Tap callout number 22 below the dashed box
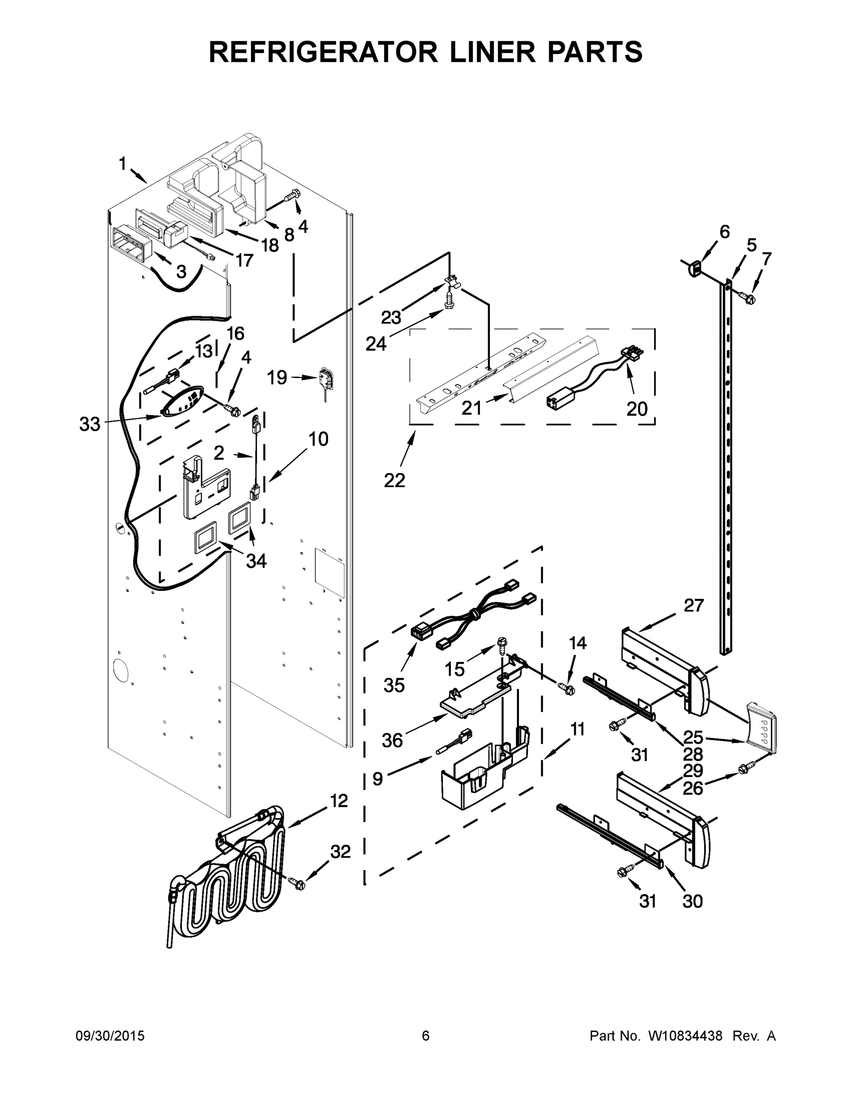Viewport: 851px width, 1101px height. (x=394, y=480)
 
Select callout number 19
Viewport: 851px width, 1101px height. (x=277, y=377)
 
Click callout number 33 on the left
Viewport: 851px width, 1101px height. (x=90, y=424)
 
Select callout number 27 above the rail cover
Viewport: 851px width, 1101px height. (x=693, y=605)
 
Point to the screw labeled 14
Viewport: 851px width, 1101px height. (x=567, y=687)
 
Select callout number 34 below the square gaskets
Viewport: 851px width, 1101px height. (x=256, y=561)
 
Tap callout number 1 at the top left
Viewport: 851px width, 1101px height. (x=122, y=164)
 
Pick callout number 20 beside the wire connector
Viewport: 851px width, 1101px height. (x=637, y=408)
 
